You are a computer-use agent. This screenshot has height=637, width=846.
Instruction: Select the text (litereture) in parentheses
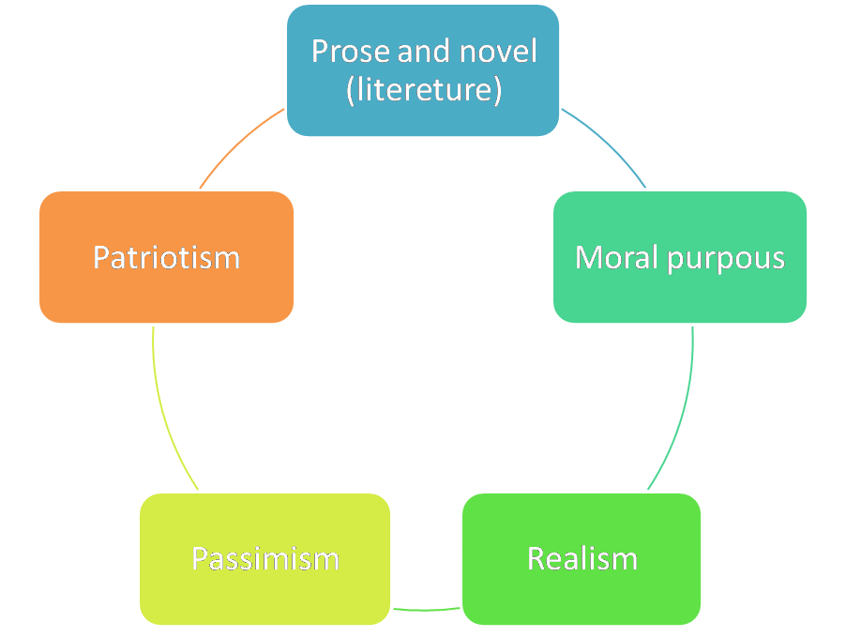point(423,92)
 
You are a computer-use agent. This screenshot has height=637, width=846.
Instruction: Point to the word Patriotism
point(166,257)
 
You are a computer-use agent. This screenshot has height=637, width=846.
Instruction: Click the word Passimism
point(264,559)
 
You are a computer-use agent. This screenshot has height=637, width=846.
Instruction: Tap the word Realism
point(582,559)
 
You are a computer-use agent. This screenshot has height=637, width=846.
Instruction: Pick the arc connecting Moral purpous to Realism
point(682,413)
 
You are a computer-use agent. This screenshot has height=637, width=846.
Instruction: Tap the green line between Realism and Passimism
point(426,610)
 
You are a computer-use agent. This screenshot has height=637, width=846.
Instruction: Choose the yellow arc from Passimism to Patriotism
point(163,413)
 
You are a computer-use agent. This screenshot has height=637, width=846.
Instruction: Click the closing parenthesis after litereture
point(497,92)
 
